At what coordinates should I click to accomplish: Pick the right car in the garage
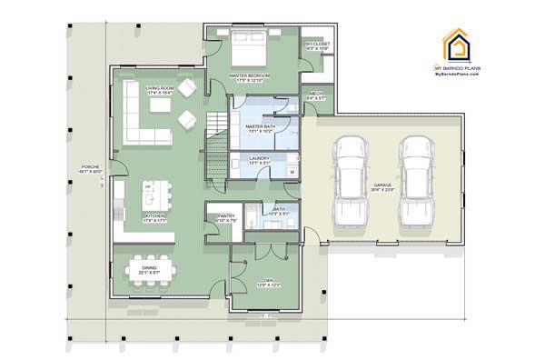point(414,180)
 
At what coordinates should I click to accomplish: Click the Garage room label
point(382,187)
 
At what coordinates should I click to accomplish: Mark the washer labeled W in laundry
point(292,170)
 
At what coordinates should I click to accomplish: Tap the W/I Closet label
point(315,45)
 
